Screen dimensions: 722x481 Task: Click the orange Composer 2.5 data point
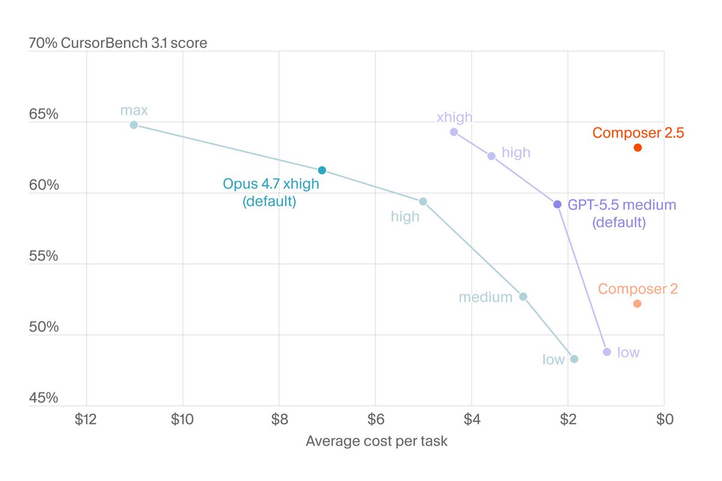(x=638, y=147)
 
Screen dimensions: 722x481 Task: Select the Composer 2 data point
(x=637, y=304)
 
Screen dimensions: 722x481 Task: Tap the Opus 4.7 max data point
(x=134, y=124)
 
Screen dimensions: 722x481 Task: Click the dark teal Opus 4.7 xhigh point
(x=322, y=170)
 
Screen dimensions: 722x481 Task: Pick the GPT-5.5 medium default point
(x=557, y=204)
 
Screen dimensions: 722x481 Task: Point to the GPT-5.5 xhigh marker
(x=454, y=132)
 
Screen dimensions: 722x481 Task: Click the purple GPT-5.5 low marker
(x=607, y=352)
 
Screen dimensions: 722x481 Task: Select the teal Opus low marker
(x=574, y=359)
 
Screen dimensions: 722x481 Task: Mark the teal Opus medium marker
(x=523, y=296)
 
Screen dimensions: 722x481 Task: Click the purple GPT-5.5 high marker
(x=491, y=156)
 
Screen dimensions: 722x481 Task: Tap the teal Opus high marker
(x=423, y=201)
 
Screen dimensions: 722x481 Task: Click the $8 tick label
(x=279, y=419)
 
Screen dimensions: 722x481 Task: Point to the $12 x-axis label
(x=85, y=419)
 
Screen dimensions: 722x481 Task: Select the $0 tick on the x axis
(x=665, y=419)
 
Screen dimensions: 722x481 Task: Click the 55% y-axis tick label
(x=43, y=256)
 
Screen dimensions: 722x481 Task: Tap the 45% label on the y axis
(x=43, y=398)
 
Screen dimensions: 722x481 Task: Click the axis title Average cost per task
(x=377, y=441)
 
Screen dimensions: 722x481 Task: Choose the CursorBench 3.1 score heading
(x=134, y=43)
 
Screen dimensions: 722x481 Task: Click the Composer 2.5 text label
(x=638, y=133)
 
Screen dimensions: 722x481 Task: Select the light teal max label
(x=134, y=111)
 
